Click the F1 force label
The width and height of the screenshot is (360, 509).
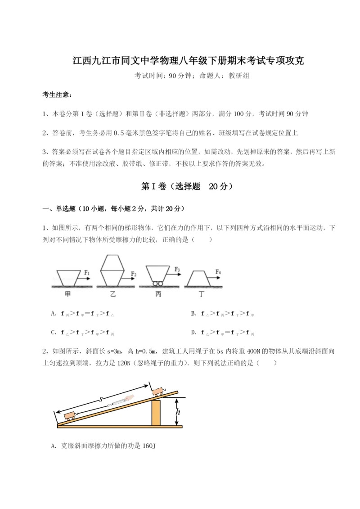87,272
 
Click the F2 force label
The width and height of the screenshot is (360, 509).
134,274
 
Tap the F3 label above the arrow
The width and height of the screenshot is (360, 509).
177,270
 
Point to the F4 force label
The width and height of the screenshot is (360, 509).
218,272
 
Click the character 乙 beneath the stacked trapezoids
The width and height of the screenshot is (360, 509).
113,294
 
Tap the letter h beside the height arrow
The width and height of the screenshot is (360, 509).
178,411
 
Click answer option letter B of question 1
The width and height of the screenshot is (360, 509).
193,313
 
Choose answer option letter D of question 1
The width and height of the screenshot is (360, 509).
193,333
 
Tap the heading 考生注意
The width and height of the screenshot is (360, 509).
56,95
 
